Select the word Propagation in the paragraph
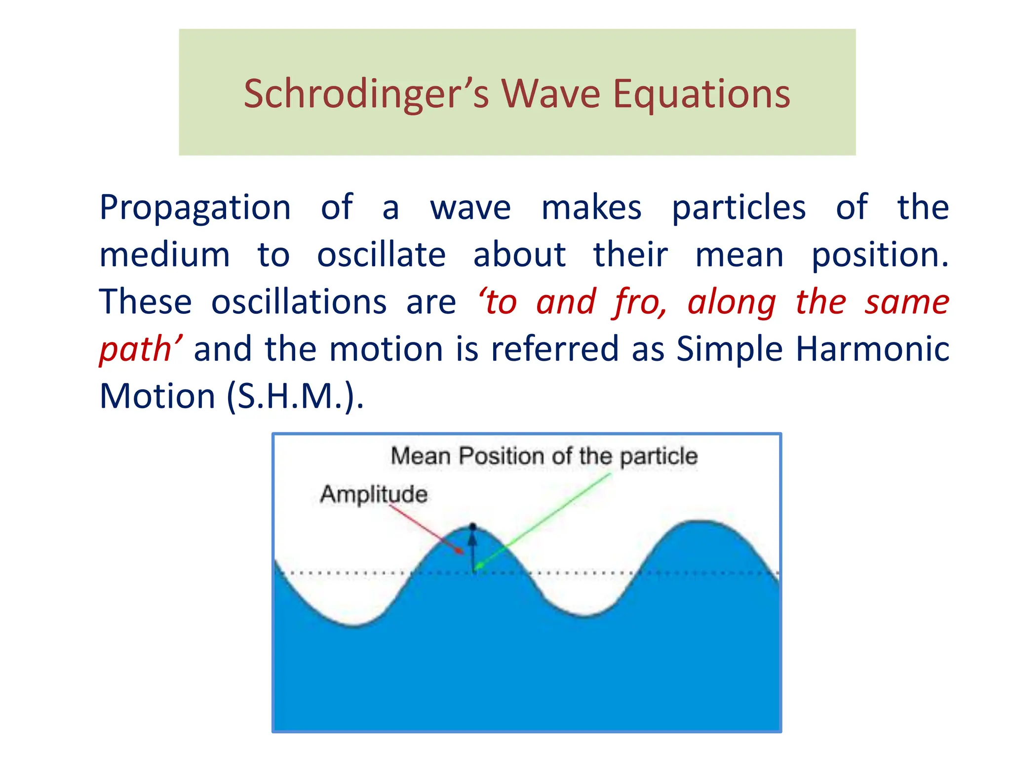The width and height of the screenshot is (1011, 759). pyautogui.click(x=195, y=208)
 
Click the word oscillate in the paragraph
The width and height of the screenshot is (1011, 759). pyautogui.click(x=381, y=255)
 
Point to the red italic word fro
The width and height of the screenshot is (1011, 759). pyautogui.click(x=639, y=302)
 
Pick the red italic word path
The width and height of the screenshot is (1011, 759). pyautogui.click(x=136, y=350)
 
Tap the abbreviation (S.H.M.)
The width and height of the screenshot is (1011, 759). pyautogui.click(x=295, y=396)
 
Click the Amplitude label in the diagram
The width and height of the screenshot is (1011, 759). pyautogui.click(x=374, y=494)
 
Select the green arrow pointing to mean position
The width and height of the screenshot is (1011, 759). pyautogui.click(x=543, y=521)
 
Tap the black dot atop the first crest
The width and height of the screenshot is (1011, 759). pyautogui.click(x=473, y=527)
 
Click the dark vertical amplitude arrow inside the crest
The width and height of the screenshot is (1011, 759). pyautogui.click(x=473, y=551)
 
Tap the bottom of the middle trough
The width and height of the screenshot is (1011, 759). pyautogui.click(x=585, y=616)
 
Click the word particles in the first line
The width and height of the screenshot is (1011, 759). pyautogui.click(x=739, y=208)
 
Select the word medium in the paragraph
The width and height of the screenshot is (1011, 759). pyautogui.click(x=164, y=255)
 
